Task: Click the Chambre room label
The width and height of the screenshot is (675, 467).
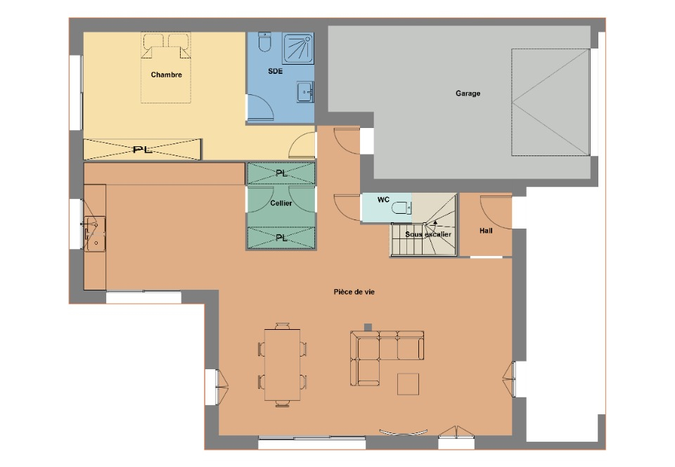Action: click(x=166, y=75)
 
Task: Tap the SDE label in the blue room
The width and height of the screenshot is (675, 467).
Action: click(x=275, y=71)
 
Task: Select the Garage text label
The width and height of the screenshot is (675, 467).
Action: click(x=468, y=93)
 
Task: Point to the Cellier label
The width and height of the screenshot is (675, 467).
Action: click(x=281, y=203)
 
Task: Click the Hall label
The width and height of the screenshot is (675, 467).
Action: click(x=486, y=231)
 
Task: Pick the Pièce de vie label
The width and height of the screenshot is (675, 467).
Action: click(x=354, y=292)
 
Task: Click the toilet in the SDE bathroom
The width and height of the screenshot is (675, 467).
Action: click(x=264, y=41)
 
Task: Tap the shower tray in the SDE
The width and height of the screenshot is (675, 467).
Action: click(x=298, y=49)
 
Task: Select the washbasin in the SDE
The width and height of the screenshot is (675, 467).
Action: click(x=305, y=92)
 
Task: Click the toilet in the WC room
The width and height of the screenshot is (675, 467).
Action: click(x=402, y=209)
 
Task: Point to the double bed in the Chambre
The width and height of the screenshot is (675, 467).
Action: click(x=166, y=68)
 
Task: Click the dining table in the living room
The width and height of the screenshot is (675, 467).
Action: click(x=283, y=364)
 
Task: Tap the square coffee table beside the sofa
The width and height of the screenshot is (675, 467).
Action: click(x=408, y=384)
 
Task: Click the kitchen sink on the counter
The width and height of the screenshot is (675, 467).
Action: click(x=95, y=233)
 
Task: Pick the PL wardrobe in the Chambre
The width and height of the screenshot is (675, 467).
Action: click(x=143, y=149)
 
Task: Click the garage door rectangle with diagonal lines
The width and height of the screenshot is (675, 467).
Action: click(x=551, y=102)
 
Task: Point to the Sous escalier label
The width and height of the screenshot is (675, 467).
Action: click(x=428, y=235)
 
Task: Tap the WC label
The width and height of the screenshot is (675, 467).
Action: click(x=383, y=200)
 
